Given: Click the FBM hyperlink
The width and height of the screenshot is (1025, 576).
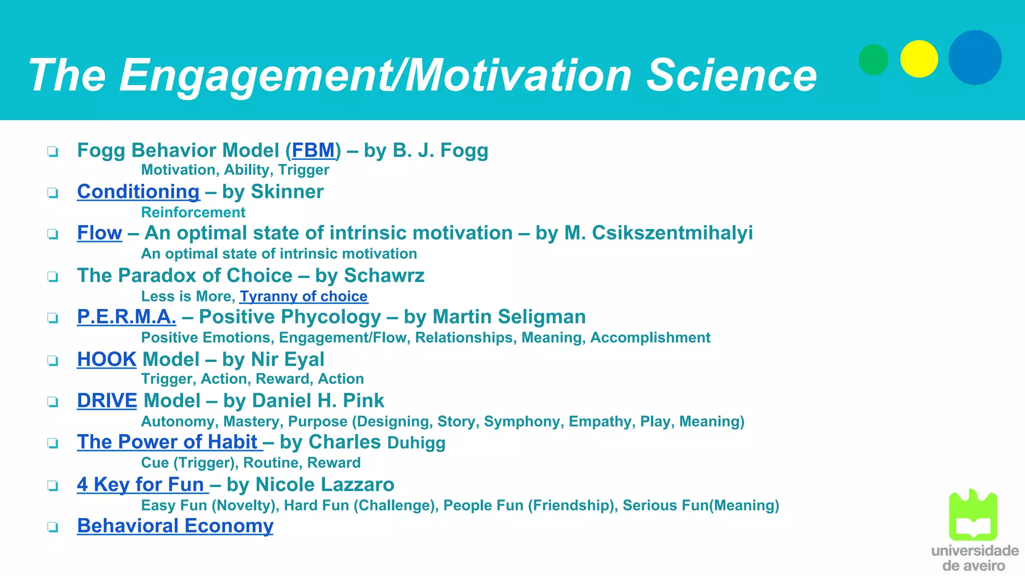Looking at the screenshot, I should [x=313, y=150].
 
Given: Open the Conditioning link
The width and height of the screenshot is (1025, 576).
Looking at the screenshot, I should [x=138, y=192].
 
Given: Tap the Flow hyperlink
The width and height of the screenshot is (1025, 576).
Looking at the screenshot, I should [x=99, y=233].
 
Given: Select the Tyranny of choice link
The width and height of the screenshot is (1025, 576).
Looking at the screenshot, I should [x=303, y=296].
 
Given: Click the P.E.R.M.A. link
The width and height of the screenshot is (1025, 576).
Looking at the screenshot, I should [x=126, y=317].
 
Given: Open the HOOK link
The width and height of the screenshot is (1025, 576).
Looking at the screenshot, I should [x=106, y=359].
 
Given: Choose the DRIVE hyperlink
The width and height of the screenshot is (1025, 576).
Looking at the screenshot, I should [x=107, y=401].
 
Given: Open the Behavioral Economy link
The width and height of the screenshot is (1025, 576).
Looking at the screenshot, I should [x=175, y=526].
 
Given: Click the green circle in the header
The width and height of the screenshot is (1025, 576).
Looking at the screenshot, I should [x=873, y=59].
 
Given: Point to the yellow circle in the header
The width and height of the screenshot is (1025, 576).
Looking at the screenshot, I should [x=919, y=59].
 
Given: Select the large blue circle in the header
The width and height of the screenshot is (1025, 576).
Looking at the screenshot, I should [x=975, y=57].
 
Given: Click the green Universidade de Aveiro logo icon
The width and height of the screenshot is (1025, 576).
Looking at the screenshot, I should [x=973, y=515].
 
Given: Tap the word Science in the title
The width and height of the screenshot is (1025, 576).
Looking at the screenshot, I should [x=731, y=75].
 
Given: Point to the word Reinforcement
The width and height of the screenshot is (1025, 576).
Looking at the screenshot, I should [x=193, y=212].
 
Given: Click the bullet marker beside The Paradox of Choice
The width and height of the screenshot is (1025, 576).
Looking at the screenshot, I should [x=53, y=276].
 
